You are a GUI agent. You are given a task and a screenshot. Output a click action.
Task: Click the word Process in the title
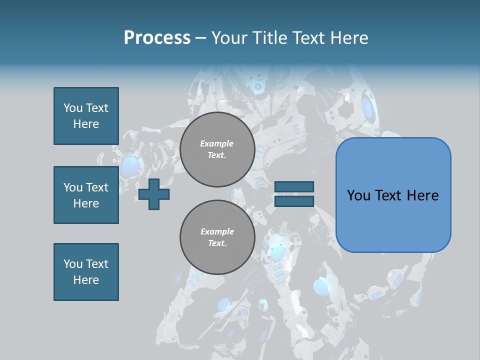(157, 38)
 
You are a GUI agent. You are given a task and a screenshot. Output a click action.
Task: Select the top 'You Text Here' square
(86, 116)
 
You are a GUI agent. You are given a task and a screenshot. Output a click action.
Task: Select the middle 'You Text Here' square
(86, 195)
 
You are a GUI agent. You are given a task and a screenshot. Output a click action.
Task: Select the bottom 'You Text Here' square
(86, 272)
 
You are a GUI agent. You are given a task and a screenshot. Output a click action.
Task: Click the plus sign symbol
(154, 194)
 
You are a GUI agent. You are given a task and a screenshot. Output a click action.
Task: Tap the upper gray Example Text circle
(217, 149)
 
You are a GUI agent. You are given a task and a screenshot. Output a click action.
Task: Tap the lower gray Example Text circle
(217, 237)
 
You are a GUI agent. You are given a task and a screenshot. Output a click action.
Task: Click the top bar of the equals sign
(294, 186)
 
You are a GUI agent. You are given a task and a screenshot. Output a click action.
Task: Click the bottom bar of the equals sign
(294, 201)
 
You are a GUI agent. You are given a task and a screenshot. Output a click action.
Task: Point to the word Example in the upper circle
(217, 143)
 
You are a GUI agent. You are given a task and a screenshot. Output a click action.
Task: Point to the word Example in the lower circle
(217, 231)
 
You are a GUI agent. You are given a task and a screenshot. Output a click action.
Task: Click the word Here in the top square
(86, 124)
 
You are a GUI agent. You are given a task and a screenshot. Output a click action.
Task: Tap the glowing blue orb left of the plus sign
(130, 165)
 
